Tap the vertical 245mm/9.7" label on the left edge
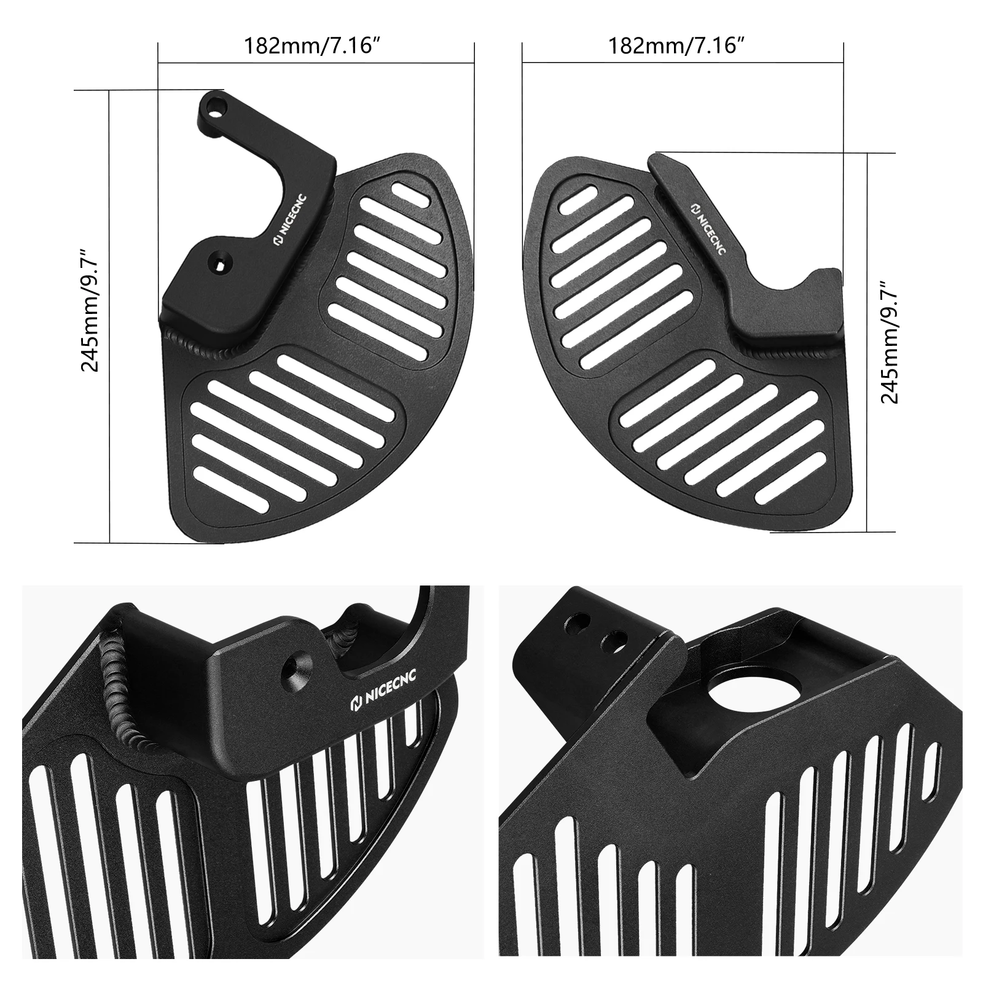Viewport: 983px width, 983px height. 90,310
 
